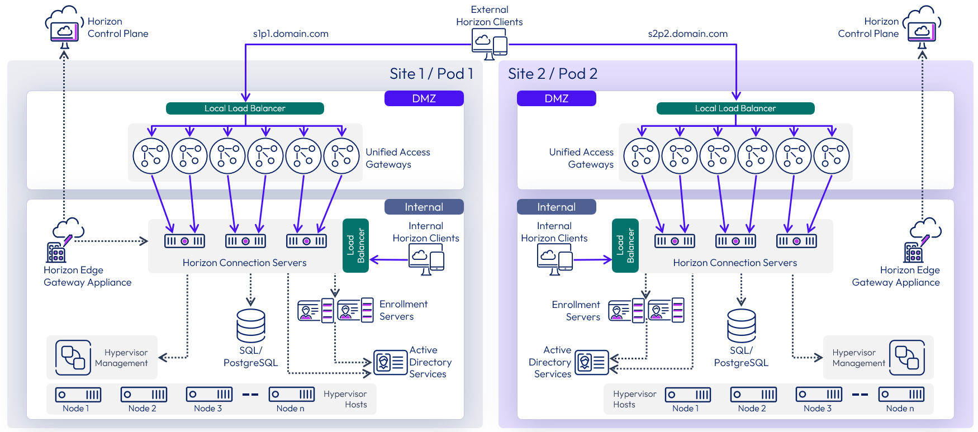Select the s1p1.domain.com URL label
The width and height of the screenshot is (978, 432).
tap(291, 34)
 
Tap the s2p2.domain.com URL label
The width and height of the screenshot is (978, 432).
tap(687, 34)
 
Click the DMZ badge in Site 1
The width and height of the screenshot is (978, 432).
tap(424, 98)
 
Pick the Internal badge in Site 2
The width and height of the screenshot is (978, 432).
tap(556, 207)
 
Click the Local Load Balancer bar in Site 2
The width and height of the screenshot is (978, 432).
tap(735, 108)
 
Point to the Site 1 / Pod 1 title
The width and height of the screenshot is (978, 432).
tap(431, 74)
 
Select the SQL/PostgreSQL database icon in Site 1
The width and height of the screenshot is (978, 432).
tap(250, 325)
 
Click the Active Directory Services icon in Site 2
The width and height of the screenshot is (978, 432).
tap(591, 362)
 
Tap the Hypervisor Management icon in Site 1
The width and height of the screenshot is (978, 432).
tap(73, 358)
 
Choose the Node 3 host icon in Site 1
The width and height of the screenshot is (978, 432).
tap(208, 395)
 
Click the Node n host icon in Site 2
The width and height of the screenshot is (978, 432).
tap(900, 395)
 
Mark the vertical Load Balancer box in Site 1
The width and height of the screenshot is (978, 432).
tap(355, 245)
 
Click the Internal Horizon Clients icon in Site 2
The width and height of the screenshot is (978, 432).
tap(554, 259)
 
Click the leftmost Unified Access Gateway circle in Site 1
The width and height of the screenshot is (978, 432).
tap(151, 156)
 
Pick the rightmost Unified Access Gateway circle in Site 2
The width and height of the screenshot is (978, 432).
tap(831, 156)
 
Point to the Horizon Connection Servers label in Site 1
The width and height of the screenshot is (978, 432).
tap(244, 263)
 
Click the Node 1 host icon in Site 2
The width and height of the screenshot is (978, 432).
tap(687, 395)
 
